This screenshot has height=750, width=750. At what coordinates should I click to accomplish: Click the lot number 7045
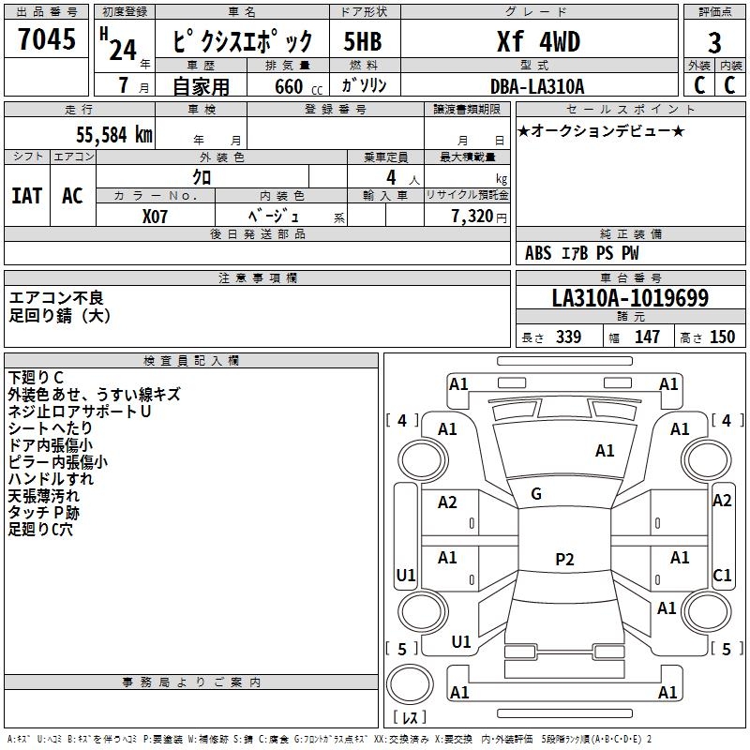pos(47,40)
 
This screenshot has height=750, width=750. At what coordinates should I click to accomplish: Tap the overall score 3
pos(714,43)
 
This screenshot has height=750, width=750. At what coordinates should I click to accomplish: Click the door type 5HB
pos(363,42)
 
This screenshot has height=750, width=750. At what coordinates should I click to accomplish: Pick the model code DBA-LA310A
pos(537,86)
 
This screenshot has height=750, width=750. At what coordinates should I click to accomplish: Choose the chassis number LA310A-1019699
pos(630,298)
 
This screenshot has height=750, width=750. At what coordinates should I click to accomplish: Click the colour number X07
pos(156,215)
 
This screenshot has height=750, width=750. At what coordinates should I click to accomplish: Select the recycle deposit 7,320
pos(469,216)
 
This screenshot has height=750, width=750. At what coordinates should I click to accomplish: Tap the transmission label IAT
pos(26,196)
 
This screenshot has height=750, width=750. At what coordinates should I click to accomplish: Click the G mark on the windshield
pos(536,493)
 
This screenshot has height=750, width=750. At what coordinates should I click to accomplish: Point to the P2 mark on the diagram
pos(564,560)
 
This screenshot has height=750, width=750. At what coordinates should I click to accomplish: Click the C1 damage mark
pos(722,575)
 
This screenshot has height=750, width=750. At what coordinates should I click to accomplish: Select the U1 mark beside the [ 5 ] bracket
pos(461,642)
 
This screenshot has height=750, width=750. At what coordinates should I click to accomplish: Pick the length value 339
pos(568,337)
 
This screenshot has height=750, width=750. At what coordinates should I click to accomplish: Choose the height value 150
pos(722,337)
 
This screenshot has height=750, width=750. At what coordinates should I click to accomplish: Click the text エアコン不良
pos(56,298)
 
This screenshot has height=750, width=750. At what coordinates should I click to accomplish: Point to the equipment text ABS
pos(538,252)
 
